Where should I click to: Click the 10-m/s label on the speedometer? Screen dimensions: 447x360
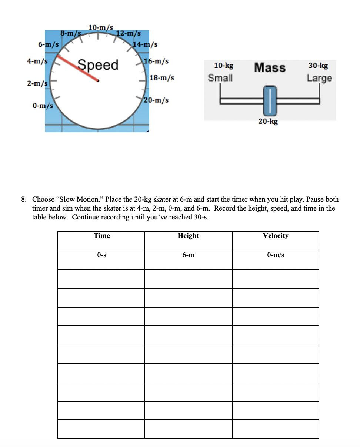click(x=100, y=27)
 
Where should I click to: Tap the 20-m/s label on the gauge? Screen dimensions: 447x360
click(x=156, y=100)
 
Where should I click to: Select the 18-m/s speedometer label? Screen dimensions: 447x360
click(x=161, y=78)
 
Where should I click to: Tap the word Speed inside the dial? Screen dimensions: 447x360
click(x=98, y=65)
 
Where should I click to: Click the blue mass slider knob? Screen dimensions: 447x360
click(x=270, y=100)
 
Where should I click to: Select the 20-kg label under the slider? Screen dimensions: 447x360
click(x=268, y=122)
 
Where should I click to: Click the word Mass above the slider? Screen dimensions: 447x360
click(x=270, y=67)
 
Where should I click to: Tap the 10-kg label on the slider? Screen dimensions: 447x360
click(x=224, y=66)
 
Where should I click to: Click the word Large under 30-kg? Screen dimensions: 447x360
click(x=319, y=78)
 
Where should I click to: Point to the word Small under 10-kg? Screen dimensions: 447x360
click(x=220, y=78)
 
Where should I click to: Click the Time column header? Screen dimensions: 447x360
click(x=101, y=236)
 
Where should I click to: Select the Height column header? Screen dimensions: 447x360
click(x=188, y=236)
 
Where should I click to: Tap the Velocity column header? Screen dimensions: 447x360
click(x=275, y=236)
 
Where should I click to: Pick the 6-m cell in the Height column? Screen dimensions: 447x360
click(x=188, y=255)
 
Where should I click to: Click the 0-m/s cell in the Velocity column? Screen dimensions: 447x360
click(x=275, y=255)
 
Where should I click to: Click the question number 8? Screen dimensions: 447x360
click(x=23, y=199)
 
